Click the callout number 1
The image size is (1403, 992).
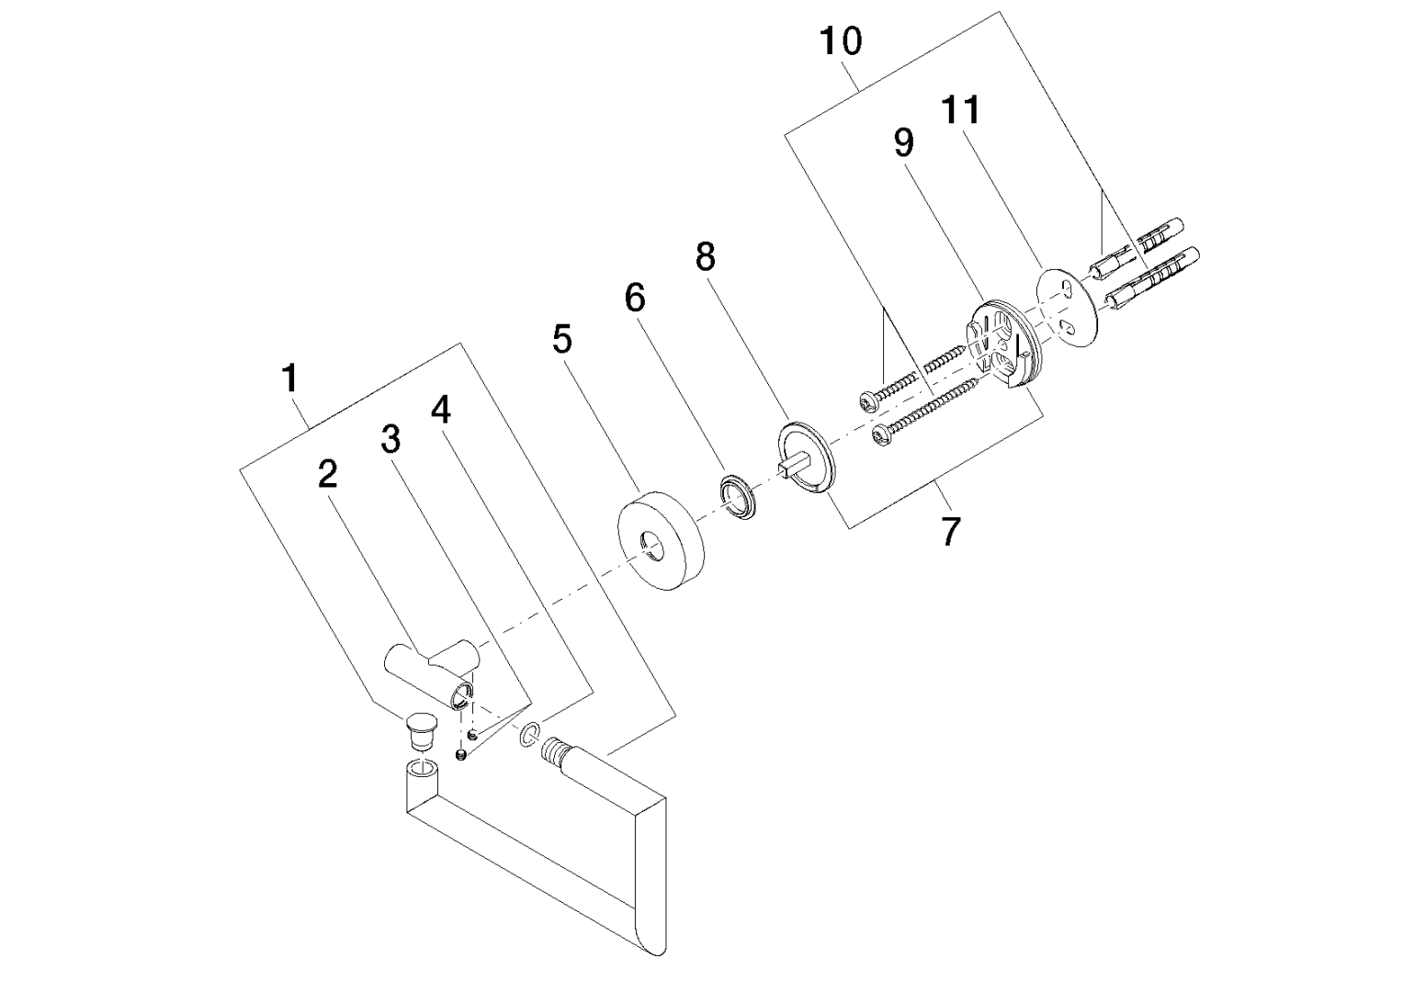(290, 378)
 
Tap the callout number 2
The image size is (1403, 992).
(327, 474)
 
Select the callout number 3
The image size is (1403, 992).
(391, 440)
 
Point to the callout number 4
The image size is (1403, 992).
(442, 411)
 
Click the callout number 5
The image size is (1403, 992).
(562, 340)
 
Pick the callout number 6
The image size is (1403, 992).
(635, 299)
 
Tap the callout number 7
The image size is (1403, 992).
(950, 531)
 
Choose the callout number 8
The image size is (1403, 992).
(705, 257)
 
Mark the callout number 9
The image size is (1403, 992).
(904, 142)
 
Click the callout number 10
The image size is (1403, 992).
(841, 41)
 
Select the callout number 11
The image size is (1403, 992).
(960, 111)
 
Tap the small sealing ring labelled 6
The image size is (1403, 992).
(738, 497)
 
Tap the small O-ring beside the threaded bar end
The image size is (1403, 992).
(528, 735)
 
